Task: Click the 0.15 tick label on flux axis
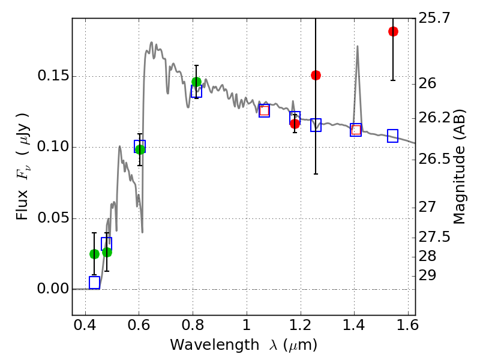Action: point(52,76)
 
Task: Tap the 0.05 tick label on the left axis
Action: point(52,218)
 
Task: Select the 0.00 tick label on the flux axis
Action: point(52,289)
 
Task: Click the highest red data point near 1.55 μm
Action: point(393,32)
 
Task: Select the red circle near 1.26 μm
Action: point(316,75)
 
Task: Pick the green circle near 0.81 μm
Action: point(196,82)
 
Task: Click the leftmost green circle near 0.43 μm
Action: point(94,254)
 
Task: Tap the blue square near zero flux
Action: point(94,283)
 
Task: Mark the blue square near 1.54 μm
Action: point(393,136)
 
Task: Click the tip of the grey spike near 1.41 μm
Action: point(358,46)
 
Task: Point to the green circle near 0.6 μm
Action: point(140,149)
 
